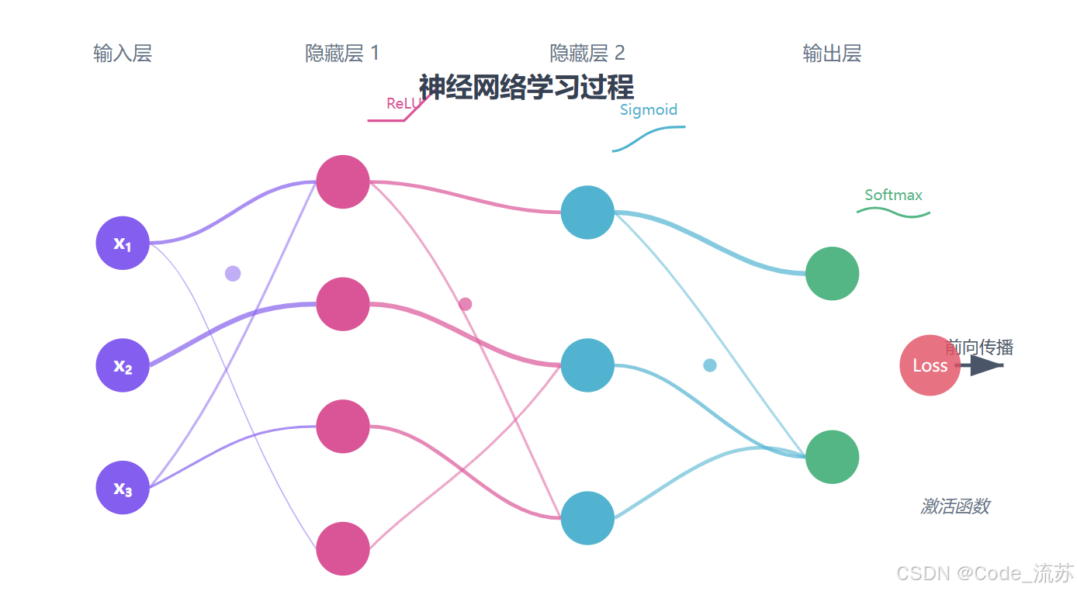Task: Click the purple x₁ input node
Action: pos(123,243)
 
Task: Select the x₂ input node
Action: pos(123,365)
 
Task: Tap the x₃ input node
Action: pos(123,488)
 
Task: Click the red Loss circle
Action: pos(930,365)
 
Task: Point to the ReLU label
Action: pos(403,104)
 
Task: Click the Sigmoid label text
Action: pos(649,110)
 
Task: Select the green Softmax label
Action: pos(893,195)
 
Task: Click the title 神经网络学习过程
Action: pos(526,87)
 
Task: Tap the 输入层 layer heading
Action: pos(123,54)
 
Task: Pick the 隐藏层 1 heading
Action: pos(342,54)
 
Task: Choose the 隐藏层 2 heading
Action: pos(587,54)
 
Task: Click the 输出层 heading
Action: pos(832,54)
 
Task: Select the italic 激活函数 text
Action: pos(955,506)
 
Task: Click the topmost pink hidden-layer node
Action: pos(343,182)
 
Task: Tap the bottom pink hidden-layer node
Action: pos(343,548)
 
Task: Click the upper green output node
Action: pos(832,273)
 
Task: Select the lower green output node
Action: pos(832,457)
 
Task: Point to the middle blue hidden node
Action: pos(587,365)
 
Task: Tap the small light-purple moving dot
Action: pos(233,273)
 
